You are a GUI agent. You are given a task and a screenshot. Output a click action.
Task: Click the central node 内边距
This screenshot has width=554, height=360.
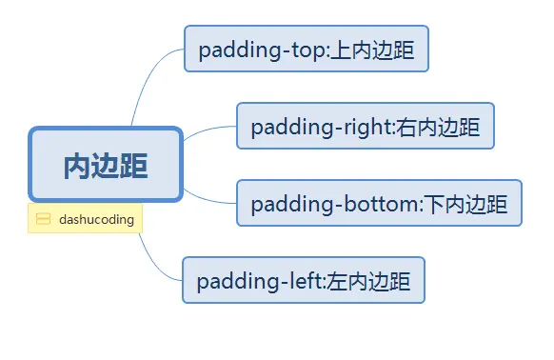(105, 165)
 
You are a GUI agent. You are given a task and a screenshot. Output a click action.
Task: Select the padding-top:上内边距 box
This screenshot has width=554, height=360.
(307, 49)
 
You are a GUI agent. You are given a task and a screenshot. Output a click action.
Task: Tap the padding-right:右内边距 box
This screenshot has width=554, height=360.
(365, 126)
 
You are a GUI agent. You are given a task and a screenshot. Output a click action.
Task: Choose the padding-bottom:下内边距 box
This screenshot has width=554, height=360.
(379, 203)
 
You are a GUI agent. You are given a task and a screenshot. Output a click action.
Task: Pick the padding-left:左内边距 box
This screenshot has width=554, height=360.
(303, 280)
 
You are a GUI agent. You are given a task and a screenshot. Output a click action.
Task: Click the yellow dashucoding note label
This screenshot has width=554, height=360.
(86, 219)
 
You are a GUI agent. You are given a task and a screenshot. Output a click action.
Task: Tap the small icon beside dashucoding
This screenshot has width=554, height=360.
(43, 219)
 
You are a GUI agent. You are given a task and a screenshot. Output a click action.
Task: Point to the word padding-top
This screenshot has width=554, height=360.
(262, 50)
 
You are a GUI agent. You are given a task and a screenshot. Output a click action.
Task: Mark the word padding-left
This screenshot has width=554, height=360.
(260, 281)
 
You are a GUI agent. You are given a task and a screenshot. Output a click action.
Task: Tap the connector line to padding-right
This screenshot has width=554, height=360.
(205, 131)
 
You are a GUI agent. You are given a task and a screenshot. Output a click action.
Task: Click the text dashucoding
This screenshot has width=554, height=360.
(96, 219)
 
